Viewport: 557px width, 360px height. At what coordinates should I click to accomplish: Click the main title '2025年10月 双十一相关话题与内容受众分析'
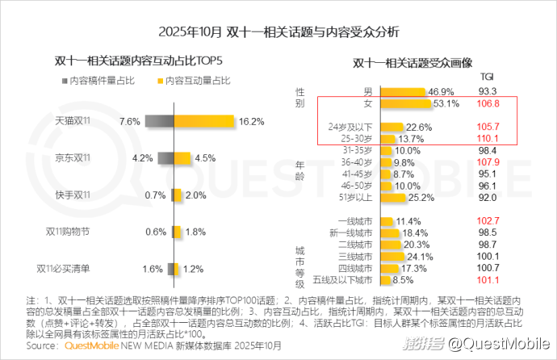click(278, 32)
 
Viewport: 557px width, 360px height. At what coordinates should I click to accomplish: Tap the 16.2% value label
click(252, 121)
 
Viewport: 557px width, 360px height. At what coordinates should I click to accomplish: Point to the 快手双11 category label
click(73, 195)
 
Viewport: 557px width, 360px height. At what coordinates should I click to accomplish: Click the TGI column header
click(487, 77)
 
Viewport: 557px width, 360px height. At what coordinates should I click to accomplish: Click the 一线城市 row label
click(355, 220)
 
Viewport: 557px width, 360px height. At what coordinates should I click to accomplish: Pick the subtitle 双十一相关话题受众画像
click(417, 62)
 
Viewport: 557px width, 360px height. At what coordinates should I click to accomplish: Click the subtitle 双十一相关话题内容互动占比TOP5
click(138, 61)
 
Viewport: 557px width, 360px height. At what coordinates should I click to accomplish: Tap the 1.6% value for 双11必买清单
click(153, 269)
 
